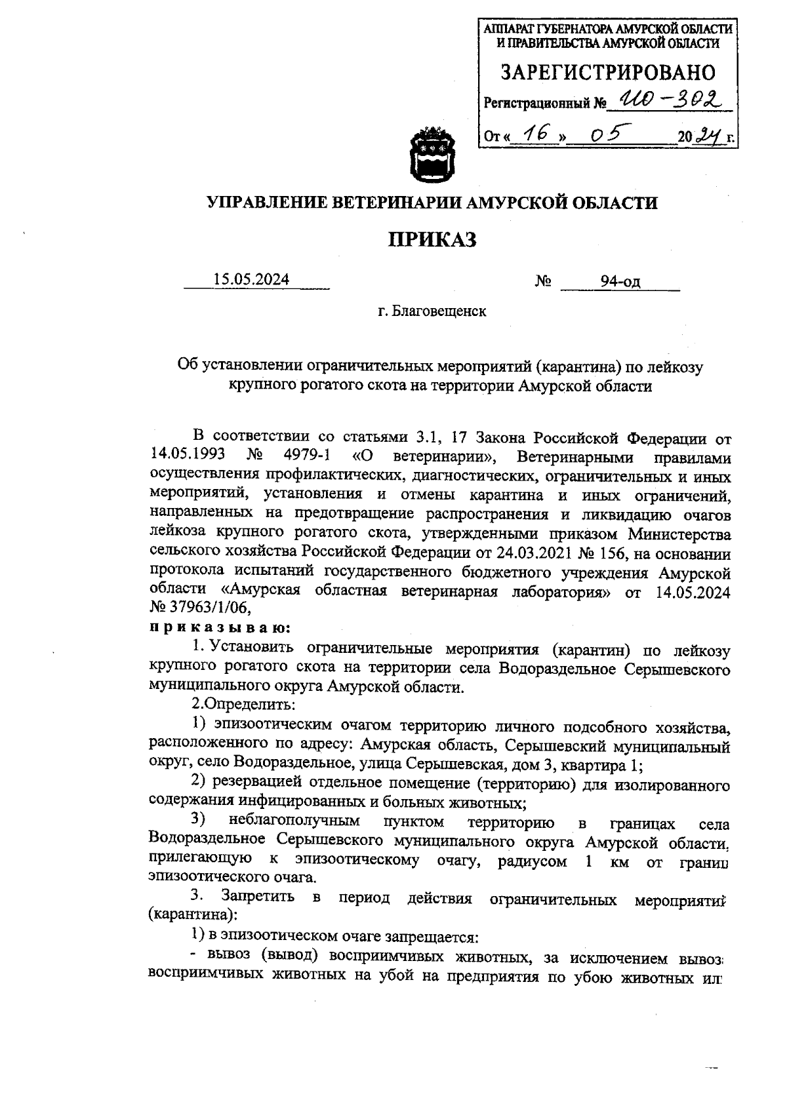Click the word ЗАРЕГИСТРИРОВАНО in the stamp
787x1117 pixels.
pyautogui.click(x=608, y=73)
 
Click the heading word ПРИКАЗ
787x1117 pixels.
pyautogui.click(x=433, y=241)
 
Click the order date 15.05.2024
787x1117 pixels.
pyautogui.click(x=251, y=280)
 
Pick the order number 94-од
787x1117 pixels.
pyautogui.click(x=620, y=282)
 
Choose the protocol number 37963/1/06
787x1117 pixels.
pyautogui.click(x=210, y=607)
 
